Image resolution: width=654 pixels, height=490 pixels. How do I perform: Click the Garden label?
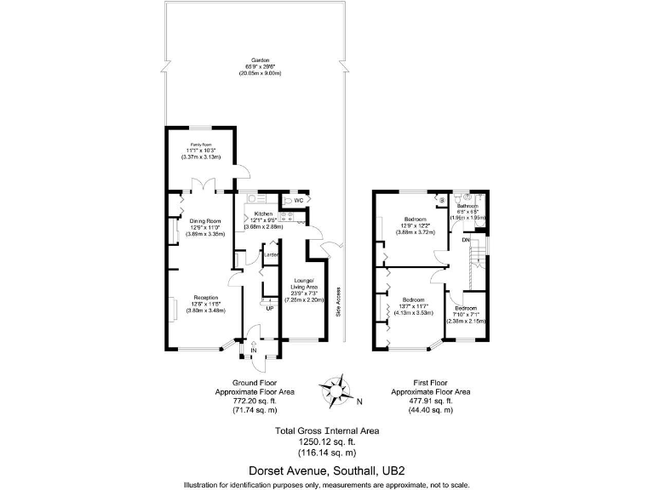tap(261, 61)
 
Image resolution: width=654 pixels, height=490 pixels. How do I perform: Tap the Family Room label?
tap(201, 145)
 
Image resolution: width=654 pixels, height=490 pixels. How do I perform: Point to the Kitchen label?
tap(263, 213)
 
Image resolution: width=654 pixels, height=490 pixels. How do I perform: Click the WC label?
tap(300, 200)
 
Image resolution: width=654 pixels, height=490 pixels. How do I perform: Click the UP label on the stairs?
tap(270, 308)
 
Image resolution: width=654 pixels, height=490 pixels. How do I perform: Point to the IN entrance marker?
tap(253, 350)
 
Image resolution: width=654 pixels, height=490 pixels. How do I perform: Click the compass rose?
tap(338, 390)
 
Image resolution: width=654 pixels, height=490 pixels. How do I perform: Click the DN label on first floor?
tap(466, 239)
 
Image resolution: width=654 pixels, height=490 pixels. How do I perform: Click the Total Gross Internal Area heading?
tap(327, 430)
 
